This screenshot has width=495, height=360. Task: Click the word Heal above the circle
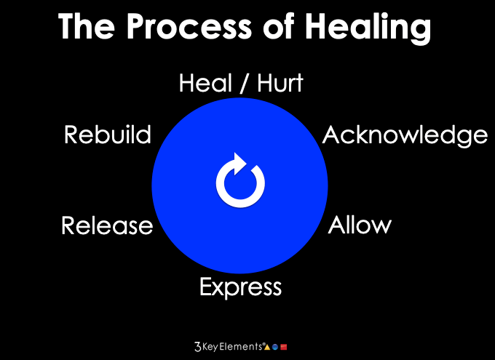coord(207,84)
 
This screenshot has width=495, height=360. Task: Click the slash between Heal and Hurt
coord(242,84)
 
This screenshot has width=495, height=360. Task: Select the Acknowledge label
coord(405,135)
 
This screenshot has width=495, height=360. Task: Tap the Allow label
coord(360,225)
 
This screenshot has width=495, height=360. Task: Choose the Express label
coord(240,287)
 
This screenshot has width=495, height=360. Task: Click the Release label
coord(107,225)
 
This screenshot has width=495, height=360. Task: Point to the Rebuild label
coord(108,135)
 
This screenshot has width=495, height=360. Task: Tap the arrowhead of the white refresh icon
coord(239,161)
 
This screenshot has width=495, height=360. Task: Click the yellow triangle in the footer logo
coord(266,348)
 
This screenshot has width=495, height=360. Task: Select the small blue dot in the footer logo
coord(274,348)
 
